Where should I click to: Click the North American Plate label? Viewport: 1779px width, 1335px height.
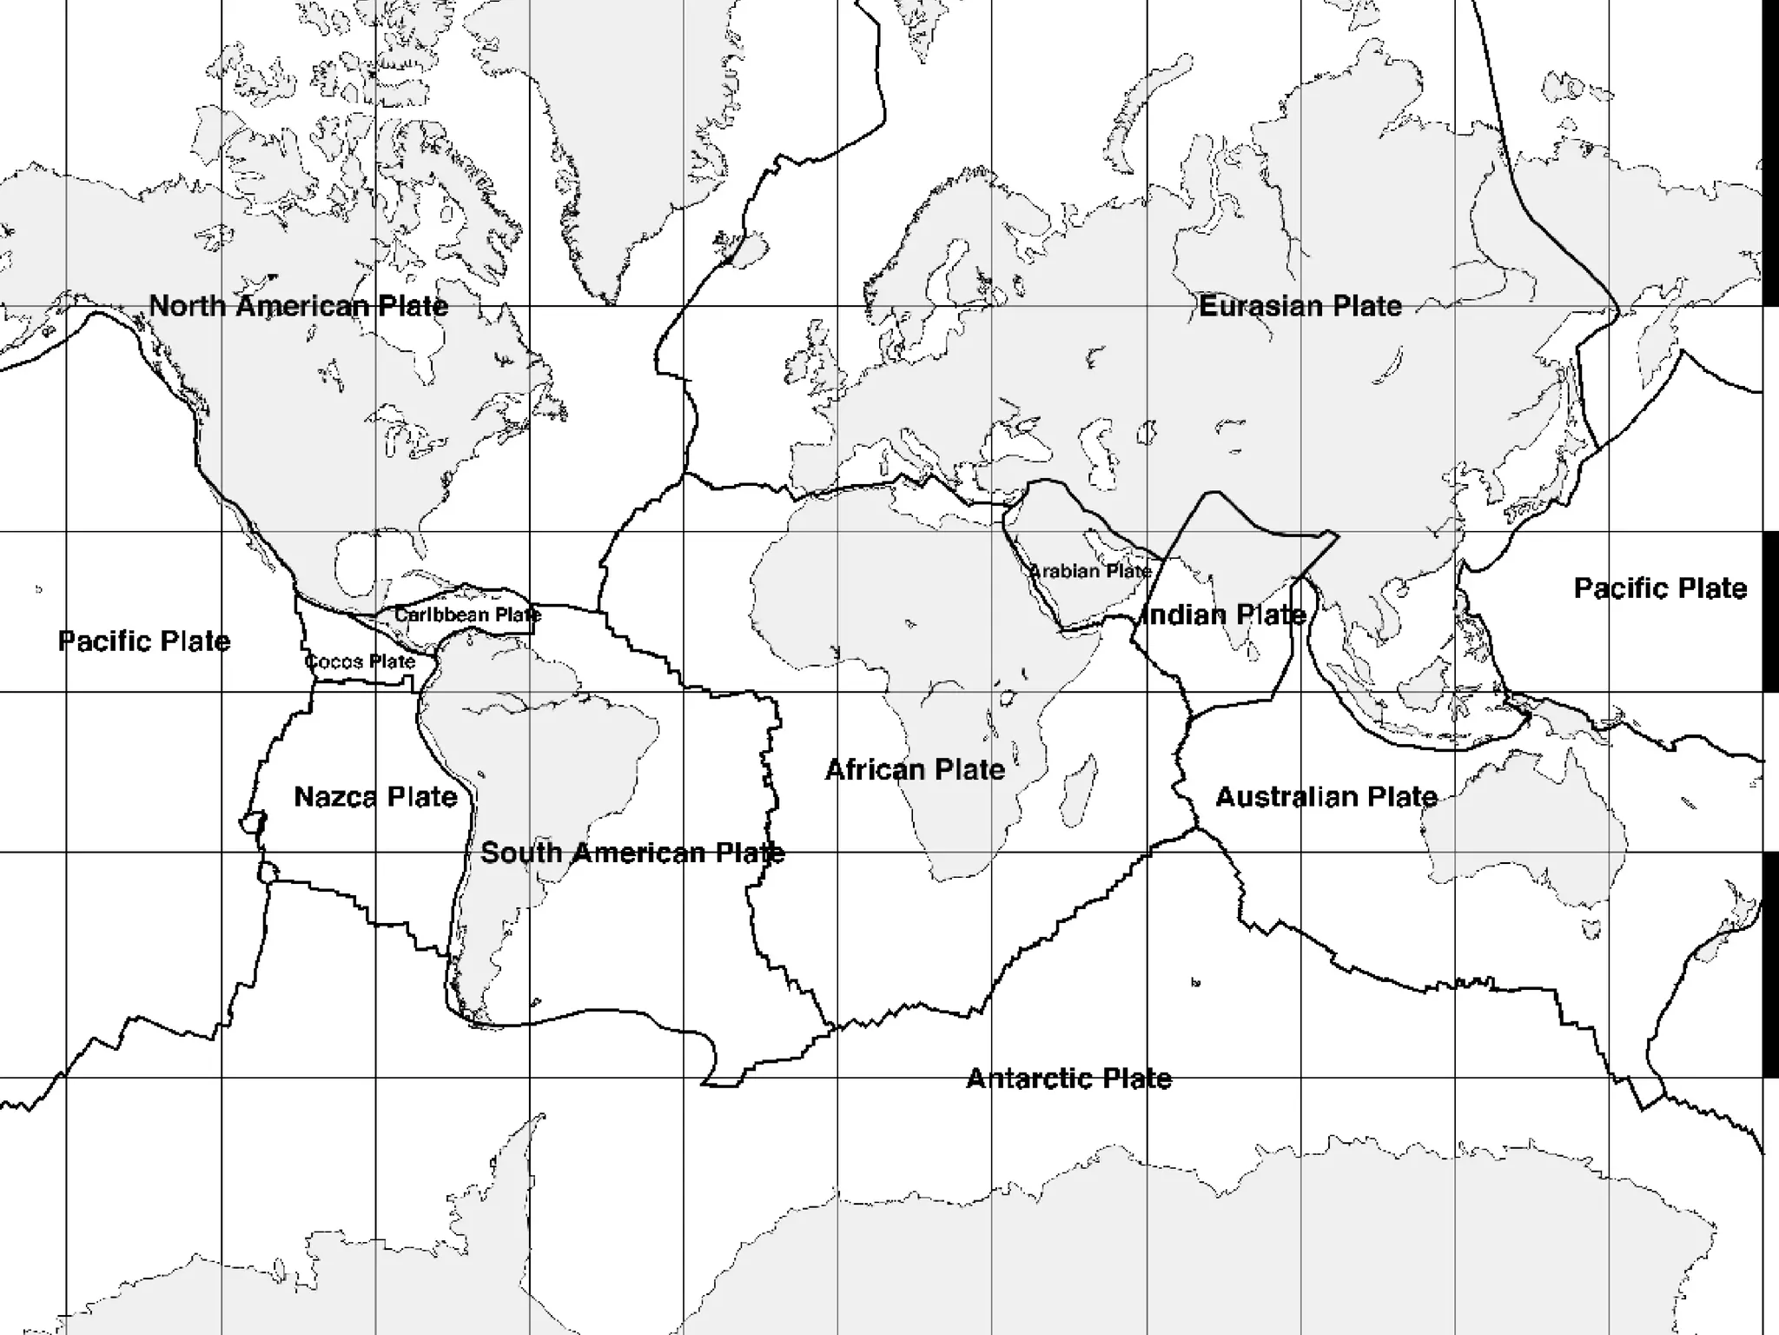click(299, 306)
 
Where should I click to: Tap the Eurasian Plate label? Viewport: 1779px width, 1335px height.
click(1300, 306)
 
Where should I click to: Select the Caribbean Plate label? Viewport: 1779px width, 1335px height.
click(467, 614)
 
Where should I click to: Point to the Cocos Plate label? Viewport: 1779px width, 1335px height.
click(360, 661)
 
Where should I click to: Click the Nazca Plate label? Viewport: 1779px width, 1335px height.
click(375, 796)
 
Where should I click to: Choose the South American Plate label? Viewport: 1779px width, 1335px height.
click(632, 853)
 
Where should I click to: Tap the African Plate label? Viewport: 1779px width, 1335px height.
click(915, 769)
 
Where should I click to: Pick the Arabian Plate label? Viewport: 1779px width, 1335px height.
click(1090, 571)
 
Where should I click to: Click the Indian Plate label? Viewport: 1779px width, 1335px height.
click(1225, 615)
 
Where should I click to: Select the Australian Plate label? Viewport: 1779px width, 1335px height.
click(1326, 796)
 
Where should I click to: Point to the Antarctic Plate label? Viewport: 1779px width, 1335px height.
click(1068, 1079)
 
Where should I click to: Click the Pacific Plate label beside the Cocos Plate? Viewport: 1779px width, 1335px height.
click(144, 641)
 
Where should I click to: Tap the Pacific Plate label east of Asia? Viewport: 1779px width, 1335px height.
click(1660, 588)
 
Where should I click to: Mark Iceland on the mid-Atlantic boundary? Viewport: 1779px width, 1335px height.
click(747, 250)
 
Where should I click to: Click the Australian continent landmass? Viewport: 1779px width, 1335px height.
click(1529, 834)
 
